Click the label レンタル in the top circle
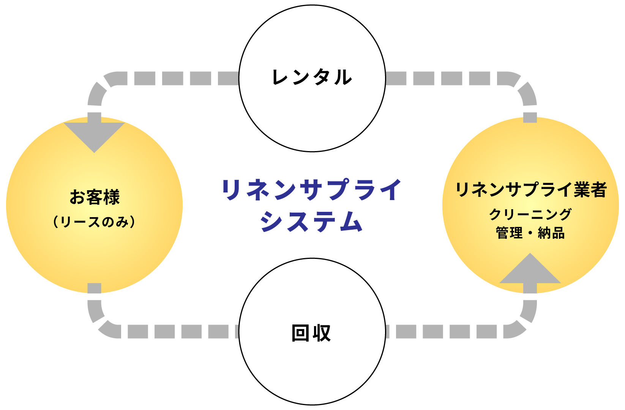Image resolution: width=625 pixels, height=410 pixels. pos(312,77)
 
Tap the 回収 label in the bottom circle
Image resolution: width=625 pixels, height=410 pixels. pos(311,333)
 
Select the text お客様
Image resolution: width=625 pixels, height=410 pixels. pos(95,197)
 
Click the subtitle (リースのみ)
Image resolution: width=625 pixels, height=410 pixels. pos(94,222)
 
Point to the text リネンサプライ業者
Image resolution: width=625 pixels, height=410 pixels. pos(530,189)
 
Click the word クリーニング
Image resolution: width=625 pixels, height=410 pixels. pos(530,214)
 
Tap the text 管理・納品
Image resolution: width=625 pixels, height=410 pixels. pos(530,233)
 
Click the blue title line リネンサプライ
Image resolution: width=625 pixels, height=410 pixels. pos(311,189)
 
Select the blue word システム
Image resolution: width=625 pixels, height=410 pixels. pos(311,221)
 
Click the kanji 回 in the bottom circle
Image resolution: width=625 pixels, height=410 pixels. pos(300,333)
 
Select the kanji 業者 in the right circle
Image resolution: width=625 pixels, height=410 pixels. pos(590,189)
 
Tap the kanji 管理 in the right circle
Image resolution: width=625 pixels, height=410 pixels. pos(509,233)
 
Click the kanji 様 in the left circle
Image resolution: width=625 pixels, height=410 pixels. pos(112,197)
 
